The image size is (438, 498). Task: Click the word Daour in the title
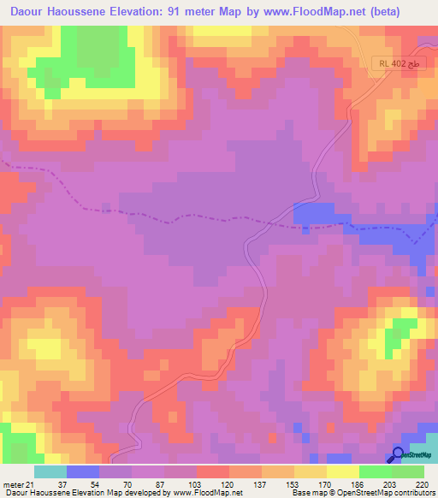pos(31,11)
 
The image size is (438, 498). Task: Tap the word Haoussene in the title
pos(92,11)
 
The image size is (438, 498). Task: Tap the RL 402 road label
pos(395,64)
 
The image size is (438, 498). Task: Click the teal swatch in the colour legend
pos(50,471)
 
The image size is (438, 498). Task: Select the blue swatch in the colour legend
pos(83,471)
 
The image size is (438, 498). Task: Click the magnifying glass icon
pos(399,454)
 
